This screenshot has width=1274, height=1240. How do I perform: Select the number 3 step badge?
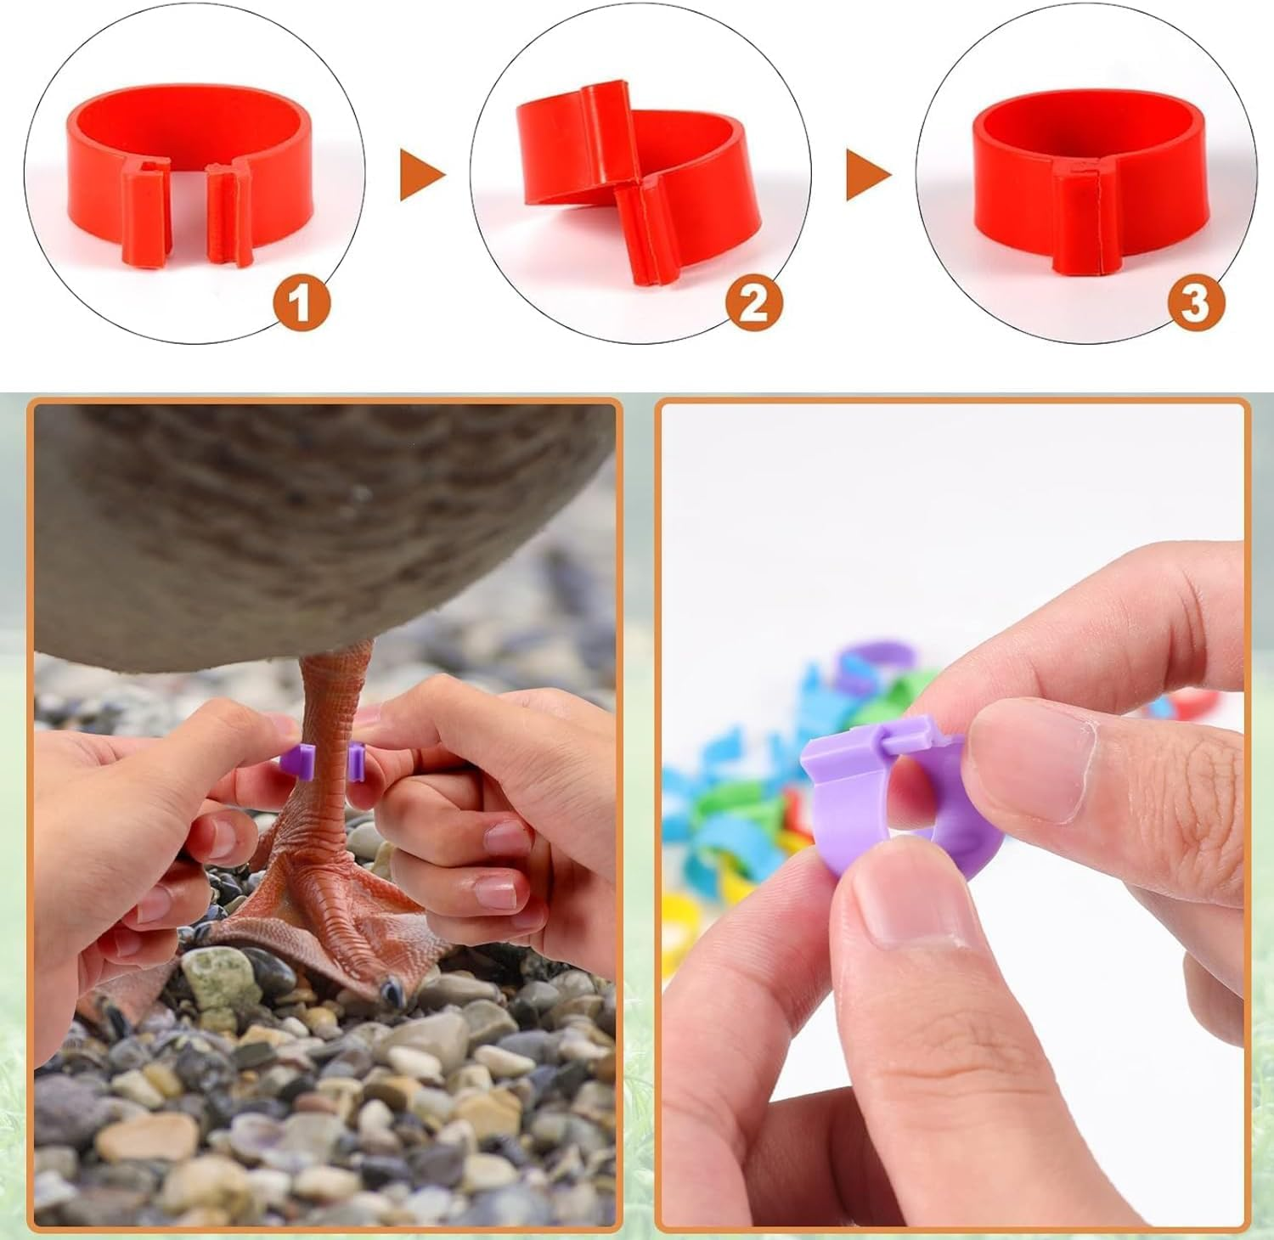[x=1195, y=303]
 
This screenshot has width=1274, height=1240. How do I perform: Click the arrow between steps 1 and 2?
[x=421, y=177]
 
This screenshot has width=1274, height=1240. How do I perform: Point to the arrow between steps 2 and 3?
[x=867, y=177]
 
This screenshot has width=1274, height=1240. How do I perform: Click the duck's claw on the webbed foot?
[x=392, y=988]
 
